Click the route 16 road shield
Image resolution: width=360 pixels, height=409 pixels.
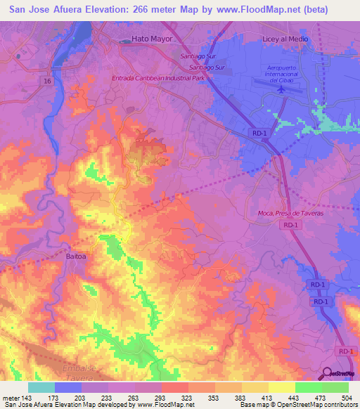47,82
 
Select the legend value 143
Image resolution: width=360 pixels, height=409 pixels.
28,397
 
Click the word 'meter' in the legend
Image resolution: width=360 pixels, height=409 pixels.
11,397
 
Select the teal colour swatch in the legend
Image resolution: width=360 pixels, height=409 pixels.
41,387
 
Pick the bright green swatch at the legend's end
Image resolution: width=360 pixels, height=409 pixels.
335,387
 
